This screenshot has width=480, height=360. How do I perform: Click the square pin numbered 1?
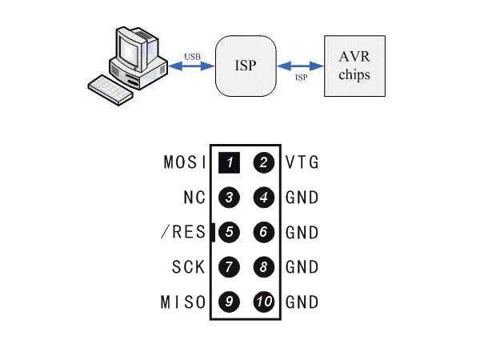pyautogui.click(x=229, y=163)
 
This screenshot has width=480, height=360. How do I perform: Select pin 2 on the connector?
pyautogui.click(x=263, y=163)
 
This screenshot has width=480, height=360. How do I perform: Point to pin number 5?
pyautogui.click(x=229, y=233)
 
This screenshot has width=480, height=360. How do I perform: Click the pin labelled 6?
pyautogui.click(x=263, y=233)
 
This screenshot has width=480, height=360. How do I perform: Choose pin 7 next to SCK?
pyautogui.click(x=229, y=267)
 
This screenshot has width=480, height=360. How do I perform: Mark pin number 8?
pyautogui.click(x=263, y=267)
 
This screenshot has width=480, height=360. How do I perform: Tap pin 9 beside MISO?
pyautogui.click(x=229, y=302)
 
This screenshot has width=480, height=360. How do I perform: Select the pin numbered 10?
pyautogui.click(x=263, y=302)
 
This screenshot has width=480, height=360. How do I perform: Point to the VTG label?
pyautogui.click(x=302, y=163)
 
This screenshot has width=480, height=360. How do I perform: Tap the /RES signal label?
pyautogui.click(x=184, y=233)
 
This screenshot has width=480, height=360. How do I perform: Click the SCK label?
pyautogui.click(x=189, y=267)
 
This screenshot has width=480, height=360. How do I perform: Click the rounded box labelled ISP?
pyautogui.click(x=246, y=66)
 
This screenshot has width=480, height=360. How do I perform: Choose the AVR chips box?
pyautogui.click(x=354, y=66)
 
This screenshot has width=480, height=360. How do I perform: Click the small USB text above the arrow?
pyautogui.click(x=192, y=57)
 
